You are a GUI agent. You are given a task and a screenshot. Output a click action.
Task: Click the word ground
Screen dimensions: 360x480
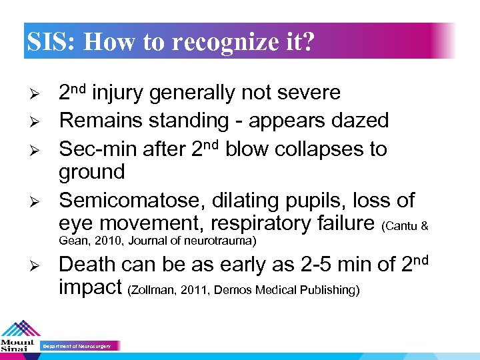pos(91,173)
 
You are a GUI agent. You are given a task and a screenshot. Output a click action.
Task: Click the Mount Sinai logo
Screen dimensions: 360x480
pos(19,337)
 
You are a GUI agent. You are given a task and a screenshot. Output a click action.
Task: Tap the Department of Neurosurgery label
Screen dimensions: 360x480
pos(79,346)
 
